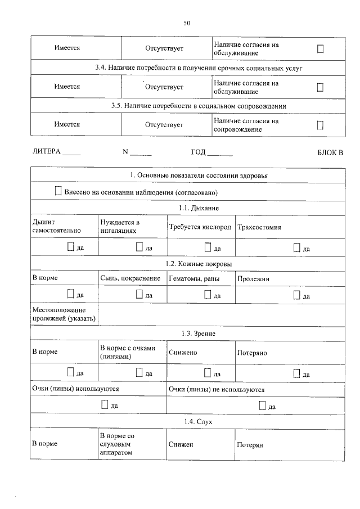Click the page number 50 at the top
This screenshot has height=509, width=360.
[187, 23]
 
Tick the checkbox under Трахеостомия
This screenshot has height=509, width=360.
[296, 246]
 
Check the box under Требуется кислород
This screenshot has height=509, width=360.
[207, 246]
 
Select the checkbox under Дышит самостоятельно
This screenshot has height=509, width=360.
[70, 246]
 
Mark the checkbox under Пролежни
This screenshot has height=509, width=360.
[296, 294]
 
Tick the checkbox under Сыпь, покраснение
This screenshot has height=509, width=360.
[138, 294]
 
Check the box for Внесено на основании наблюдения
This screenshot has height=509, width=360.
[58, 191]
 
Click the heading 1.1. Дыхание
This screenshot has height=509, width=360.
[187, 208]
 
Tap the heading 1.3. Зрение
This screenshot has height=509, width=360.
[187, 334]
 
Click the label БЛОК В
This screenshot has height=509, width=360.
[330, 152]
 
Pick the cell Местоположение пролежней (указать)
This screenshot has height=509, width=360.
[64, 314]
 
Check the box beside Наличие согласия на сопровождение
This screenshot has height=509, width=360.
[320, 125]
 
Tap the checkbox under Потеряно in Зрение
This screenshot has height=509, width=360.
[296, 372]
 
